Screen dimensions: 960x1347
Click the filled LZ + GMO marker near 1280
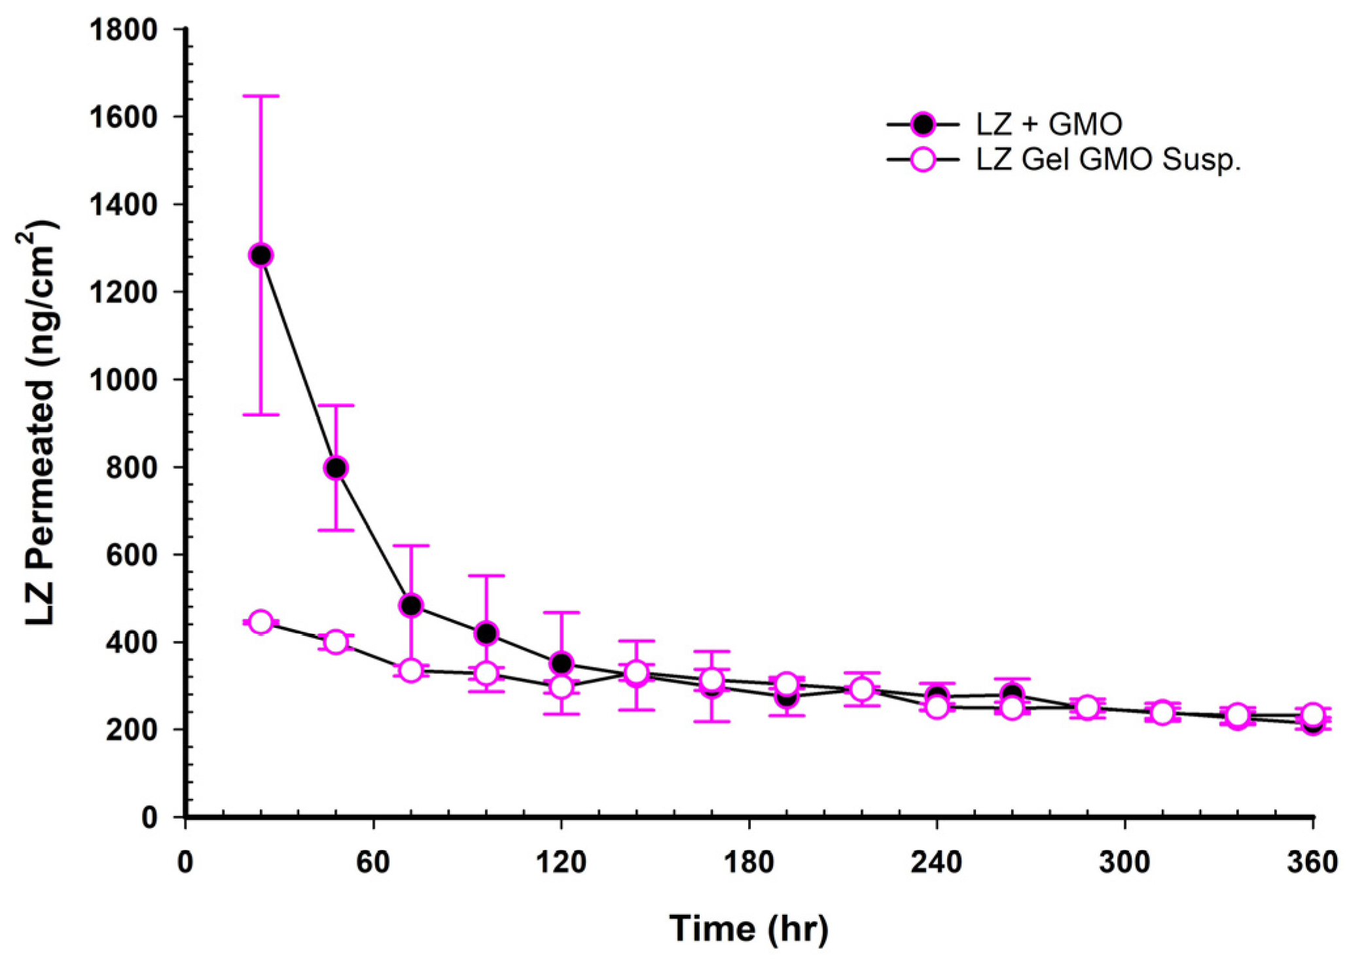tap(260, 255)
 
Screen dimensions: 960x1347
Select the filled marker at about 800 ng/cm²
tap(336, 468)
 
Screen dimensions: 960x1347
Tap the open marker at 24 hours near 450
tap(260, 621)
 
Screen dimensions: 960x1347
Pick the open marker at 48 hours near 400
tap(336, 642)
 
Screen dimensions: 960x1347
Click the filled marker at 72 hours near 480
tap(411, 605)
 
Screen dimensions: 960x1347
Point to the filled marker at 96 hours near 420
tap(486, 633)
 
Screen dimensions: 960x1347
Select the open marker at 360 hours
tap(1312, 714)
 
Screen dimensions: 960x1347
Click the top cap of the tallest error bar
tap(260, 96)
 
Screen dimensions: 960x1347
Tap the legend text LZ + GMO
tap(1049, 124)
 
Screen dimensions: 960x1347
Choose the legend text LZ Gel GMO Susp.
tap(1108, 159)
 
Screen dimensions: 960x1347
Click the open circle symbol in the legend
tap(923, 159)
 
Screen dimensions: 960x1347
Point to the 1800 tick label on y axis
tap(124, 29)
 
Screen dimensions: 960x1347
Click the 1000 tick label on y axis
tap(124, 380)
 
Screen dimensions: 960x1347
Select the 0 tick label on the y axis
tap(149, 817)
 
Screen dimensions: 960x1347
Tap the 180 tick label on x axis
tap(749, 862)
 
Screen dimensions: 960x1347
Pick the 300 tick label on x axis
tap(1124, 862)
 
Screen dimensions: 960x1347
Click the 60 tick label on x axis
tap(373, 862)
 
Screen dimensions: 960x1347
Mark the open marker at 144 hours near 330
tap(636, 673)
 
